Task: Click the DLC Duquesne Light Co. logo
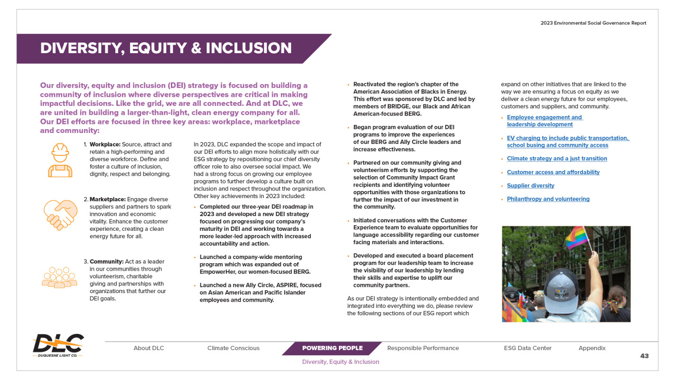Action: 58,345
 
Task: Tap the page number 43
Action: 644,356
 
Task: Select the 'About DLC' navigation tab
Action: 149,348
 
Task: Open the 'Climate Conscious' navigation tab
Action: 234,348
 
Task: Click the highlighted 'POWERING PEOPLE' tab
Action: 332,348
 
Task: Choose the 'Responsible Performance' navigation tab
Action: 423,348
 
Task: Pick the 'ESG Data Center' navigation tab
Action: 527,348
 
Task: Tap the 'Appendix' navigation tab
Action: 592,348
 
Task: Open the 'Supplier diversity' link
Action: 530,186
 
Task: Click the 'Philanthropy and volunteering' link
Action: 548,199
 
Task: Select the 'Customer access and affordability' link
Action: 553,172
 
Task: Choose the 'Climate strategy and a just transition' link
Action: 557,159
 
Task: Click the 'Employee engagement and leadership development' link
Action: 544,121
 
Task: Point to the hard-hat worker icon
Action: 60,160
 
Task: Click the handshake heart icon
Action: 60,215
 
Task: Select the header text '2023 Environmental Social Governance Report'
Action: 593,23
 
